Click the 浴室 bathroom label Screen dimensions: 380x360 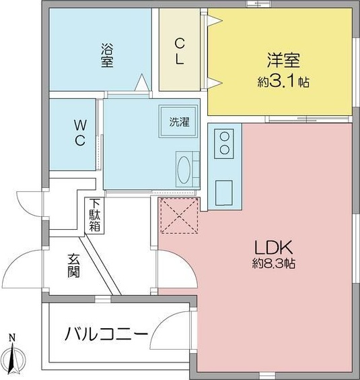coord(107,55)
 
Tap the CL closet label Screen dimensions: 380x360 coord(180,51)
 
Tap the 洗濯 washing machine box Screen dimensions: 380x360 coord(179,122)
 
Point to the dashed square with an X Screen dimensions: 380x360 coord(179,216)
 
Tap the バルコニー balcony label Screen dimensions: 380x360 coord(106,334)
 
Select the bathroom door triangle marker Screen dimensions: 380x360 coord(143,82)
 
